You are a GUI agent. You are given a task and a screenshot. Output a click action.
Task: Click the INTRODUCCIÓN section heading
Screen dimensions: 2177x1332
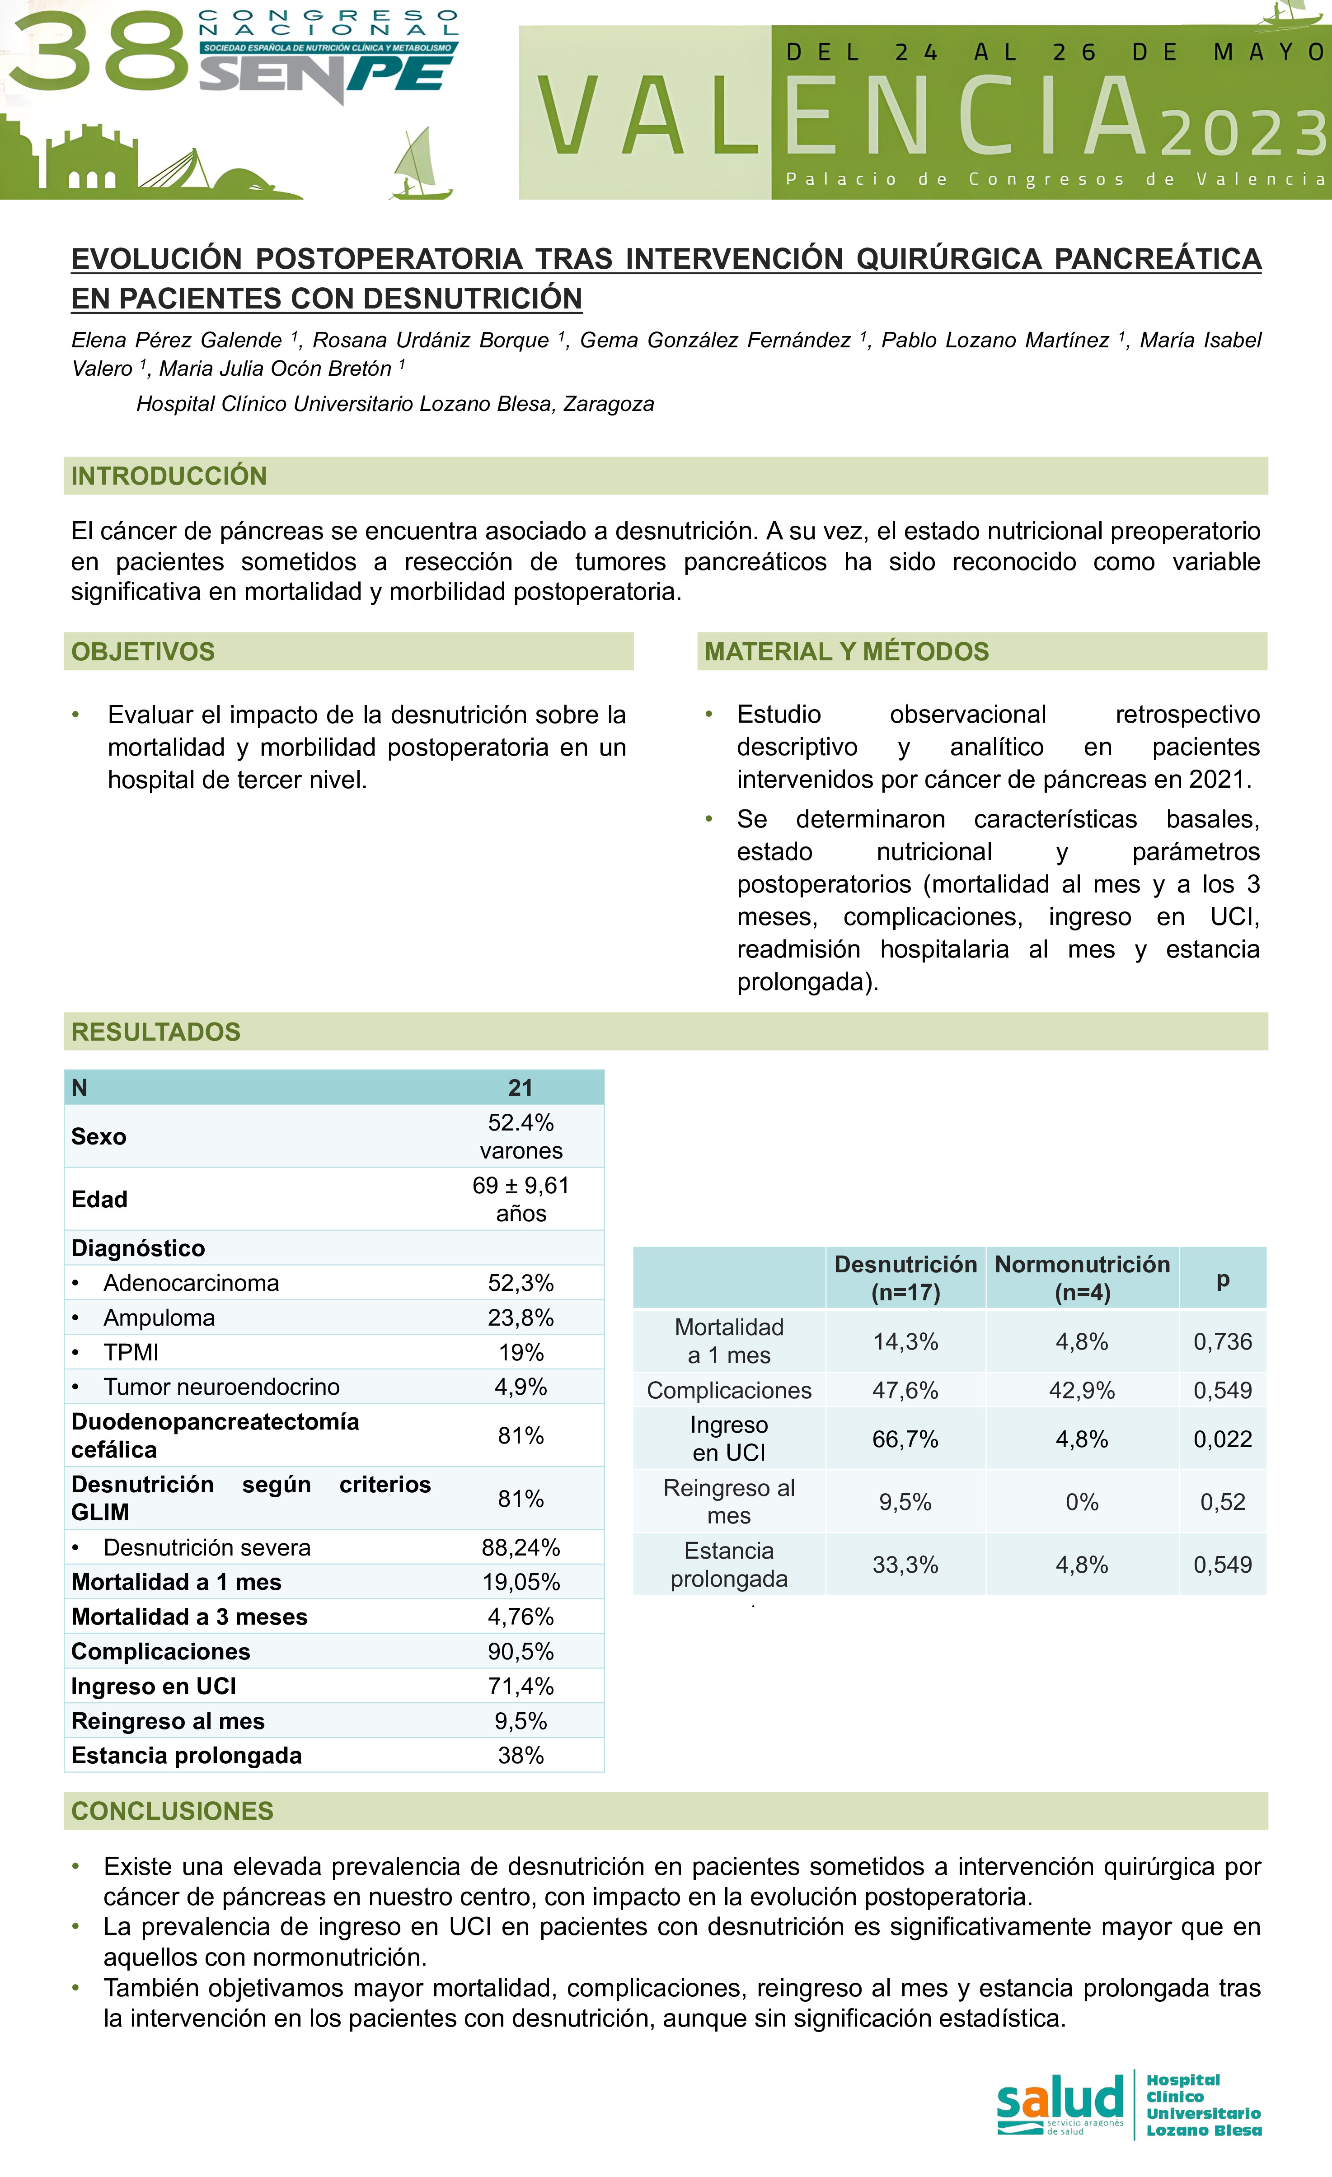pyautogui.click(x=169, y=476)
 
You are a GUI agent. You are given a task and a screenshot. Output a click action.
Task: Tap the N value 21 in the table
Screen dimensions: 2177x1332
pyautogui.click(x=521, y=1088)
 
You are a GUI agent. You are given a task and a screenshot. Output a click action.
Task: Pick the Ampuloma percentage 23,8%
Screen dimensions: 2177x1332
pyautogui.click(x=521, y=1317)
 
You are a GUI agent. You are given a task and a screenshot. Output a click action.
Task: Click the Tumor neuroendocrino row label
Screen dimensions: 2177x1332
pyautogui.click(x=221, y=1386)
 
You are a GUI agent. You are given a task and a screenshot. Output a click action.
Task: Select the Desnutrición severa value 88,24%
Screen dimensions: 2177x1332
pyautogui.click(x=521, y=1547)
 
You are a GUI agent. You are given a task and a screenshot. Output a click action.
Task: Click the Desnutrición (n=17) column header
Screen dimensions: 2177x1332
pyautogui.click(x=905, y=1278)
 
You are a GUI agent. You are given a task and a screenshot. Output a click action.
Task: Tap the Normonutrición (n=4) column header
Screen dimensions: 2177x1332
pyautogui.click(x=1082, y=1278)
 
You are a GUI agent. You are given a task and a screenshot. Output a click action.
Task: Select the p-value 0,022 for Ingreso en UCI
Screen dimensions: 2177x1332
pyautogui.click(x=1222, y=1439)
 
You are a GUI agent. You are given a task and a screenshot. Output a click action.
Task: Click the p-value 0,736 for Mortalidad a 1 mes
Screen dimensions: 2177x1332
pyautogui.click(x=1222, y=1341)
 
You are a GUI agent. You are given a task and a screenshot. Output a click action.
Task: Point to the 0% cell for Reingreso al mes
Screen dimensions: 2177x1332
pyautogui.click(x=1082, y=1501)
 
